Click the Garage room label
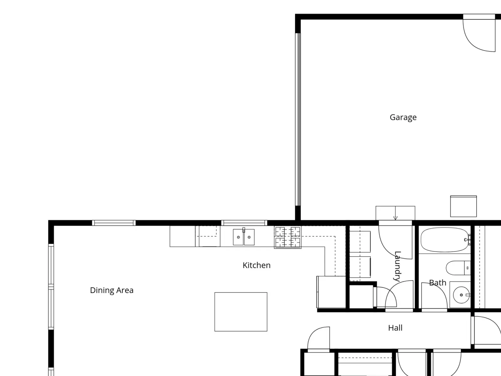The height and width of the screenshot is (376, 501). pos(403,117)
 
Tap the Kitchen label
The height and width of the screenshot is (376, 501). pos(256,265)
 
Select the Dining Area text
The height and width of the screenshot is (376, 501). pos(111,290)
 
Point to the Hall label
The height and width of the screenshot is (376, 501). pos(395,328)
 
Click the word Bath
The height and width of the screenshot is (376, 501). pos(437,283)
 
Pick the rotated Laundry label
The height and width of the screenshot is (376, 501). pos(398,266)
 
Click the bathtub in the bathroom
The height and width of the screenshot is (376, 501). pos(444,240)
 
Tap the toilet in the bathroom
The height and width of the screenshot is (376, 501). pos(458,268)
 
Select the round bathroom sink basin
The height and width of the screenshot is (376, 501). pos(461,295)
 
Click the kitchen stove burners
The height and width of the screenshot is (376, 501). pos(287,237)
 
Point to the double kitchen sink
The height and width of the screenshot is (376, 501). pos(244,237)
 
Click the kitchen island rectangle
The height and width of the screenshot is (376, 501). pos(241,312)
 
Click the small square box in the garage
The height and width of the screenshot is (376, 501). pos(463,206)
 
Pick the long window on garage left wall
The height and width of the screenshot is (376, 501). pos(298,119)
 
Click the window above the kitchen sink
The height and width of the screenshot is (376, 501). pos(244,223)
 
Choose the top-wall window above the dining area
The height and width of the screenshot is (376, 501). pos(114,223)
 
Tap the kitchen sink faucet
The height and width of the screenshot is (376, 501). pos(244,230)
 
